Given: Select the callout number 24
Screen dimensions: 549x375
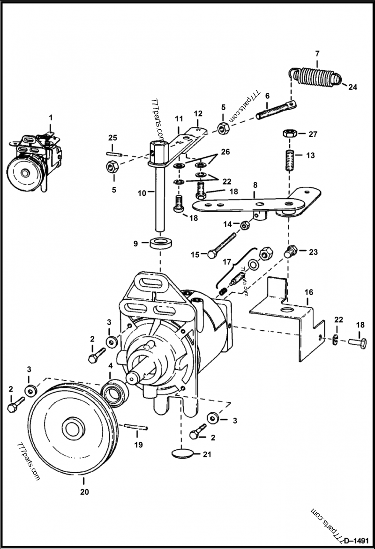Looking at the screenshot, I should pos(352,86).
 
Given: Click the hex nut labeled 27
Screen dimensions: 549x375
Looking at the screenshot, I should pos(288,134).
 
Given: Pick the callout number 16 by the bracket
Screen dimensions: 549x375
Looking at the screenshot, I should pos(308,292).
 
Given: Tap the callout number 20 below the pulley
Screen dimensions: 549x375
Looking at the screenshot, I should pos(84,492).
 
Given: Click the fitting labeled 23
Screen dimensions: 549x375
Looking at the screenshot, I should pos(291,252).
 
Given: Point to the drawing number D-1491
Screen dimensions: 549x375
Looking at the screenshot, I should pos(355,539).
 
